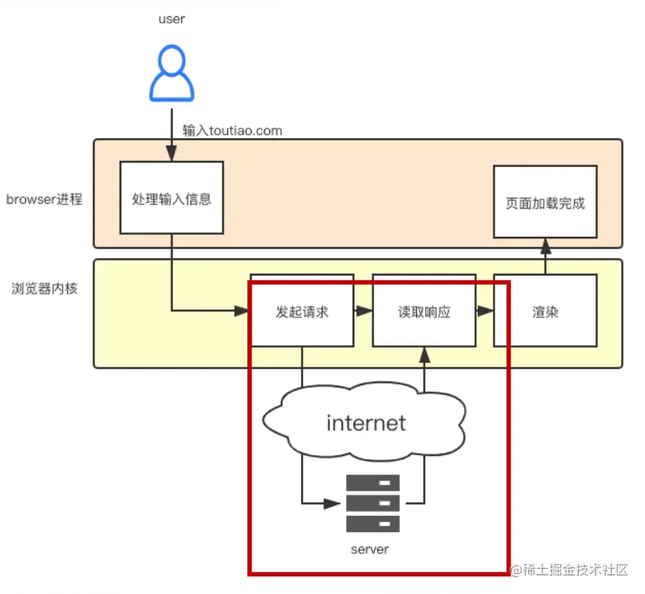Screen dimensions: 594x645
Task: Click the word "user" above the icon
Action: [x=171, y=19]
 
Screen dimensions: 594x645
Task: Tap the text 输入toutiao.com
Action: [x=232, y=131]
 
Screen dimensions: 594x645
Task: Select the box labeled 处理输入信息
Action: [x=171, y=198]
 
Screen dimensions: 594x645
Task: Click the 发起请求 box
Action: [x=302, y=311]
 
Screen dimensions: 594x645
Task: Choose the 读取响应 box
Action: [x=424, y=311]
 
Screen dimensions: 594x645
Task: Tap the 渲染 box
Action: [x=545, y=311]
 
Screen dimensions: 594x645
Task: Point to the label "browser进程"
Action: [x=44, y=199]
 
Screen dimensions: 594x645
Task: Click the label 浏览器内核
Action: [x=44, y=289]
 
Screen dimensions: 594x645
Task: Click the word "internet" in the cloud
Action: [x=366, y=423]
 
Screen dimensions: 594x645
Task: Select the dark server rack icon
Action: [x=373, y=503]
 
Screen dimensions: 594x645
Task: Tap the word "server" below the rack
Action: [x=370, y=550]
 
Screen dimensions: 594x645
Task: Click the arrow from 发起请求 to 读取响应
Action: [x=363, y=311]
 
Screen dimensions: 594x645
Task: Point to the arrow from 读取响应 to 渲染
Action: [x=484, y=311]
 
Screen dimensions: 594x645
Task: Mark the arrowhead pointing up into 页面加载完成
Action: [x=545, y=244]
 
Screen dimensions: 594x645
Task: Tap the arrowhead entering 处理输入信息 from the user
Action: [x=171, y=155]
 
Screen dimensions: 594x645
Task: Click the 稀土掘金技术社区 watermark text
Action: [x=576, y=570]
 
